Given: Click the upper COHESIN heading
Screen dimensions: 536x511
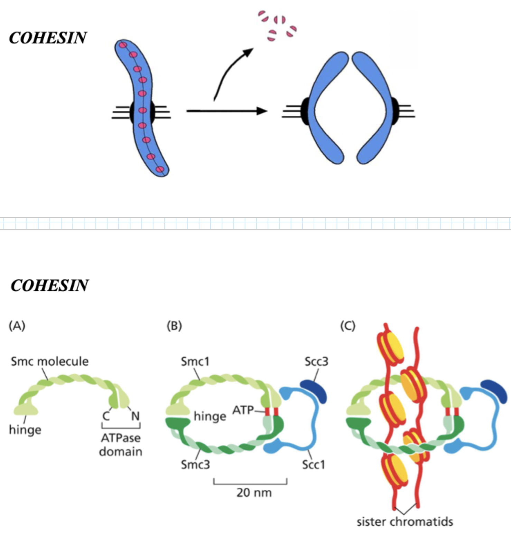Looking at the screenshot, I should tap(48, 38).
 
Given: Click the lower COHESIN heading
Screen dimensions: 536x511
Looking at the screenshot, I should tap(49, 286).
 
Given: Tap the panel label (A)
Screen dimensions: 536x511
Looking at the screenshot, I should tap(17, 326).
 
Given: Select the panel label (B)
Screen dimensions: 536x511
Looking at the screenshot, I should tap(174, 326).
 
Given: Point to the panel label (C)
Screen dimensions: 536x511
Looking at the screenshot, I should tap(348, 326).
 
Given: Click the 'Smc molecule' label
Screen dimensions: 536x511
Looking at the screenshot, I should tap(50, 361).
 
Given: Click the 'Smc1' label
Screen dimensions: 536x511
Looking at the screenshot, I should tap(195, 362).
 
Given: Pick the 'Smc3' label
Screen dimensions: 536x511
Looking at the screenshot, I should tap(195, 465).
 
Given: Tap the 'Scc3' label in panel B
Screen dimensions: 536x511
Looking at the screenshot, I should tap(316, 362).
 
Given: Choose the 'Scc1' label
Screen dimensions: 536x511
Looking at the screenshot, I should tap(314, 465).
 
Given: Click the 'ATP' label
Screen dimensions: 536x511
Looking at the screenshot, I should tap(243, 410).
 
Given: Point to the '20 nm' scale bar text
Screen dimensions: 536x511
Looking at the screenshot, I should tap(254, 492).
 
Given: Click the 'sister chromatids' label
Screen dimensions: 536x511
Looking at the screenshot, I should tap(405, 521).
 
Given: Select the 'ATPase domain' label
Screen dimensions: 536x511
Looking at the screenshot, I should tap(121, 445).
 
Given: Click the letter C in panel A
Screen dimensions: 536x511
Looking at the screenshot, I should tap(106, 416).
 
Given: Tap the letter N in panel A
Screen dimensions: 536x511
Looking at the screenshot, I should tap(135, 416).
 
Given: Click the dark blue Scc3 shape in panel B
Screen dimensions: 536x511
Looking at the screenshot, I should tap(314, 390).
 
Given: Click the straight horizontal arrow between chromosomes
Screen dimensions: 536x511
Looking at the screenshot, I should tap(226, 111).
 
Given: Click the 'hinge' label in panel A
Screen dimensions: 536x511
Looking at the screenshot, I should tap(25, 430).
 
